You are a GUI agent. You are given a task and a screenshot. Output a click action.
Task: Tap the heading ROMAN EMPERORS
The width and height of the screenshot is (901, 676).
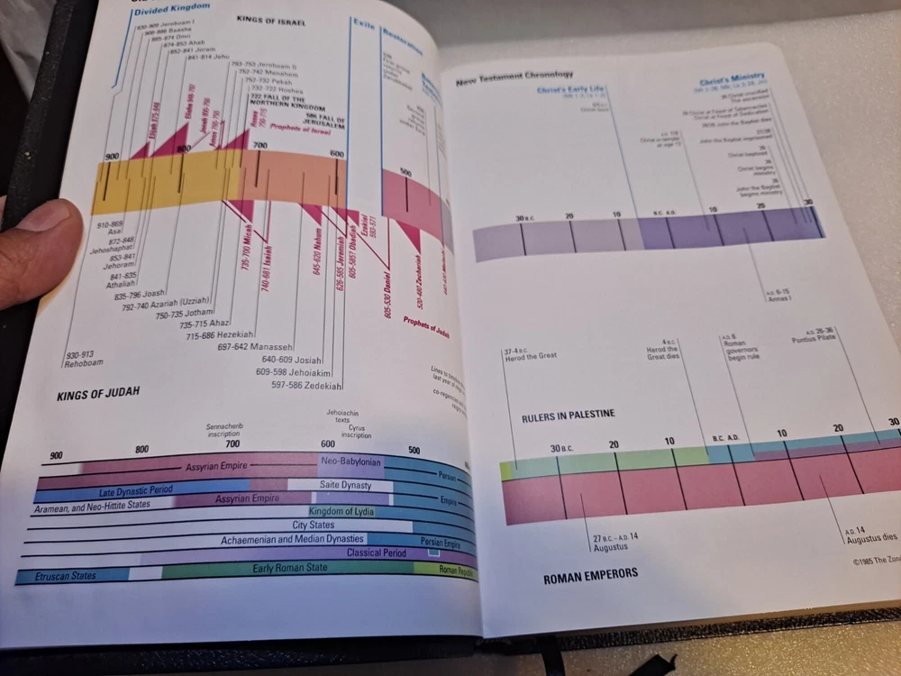pyautogui.click(x=590, y=574)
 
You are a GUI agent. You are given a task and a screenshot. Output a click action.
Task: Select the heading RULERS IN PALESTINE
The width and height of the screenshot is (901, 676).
pyautogui.click(x=569, y=416)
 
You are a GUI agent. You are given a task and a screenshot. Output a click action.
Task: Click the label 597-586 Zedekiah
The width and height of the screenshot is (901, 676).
pyautogui.click(x=306, y=386)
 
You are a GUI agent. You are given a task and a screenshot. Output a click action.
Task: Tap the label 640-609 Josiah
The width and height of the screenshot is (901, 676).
pyautogui.click(x=291, y=360)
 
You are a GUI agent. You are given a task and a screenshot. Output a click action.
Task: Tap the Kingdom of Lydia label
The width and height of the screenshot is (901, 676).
pyautogui.click(x=341, y=511)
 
